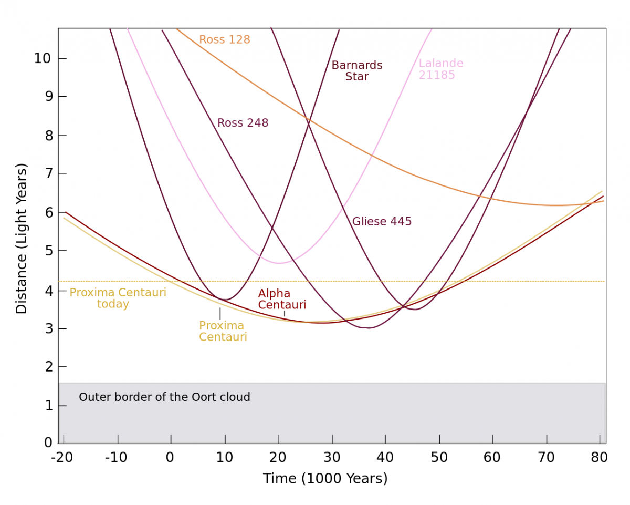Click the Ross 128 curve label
[224, 40]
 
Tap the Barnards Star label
[356, 71]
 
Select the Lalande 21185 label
[440, 69]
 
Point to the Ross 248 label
[243, 123]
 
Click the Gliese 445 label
[382, 222]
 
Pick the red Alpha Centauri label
[281, 300]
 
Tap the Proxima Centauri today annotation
[118, 298]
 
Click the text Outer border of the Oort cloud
[164, 397]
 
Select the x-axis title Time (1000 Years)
[325, 479]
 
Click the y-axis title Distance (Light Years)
[22, 239]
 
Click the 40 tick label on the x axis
[385, 458]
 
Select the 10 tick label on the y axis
[43, 58]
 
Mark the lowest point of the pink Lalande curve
[279, 263]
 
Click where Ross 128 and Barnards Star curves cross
[309, 121]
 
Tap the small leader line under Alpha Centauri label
[285, 314]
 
